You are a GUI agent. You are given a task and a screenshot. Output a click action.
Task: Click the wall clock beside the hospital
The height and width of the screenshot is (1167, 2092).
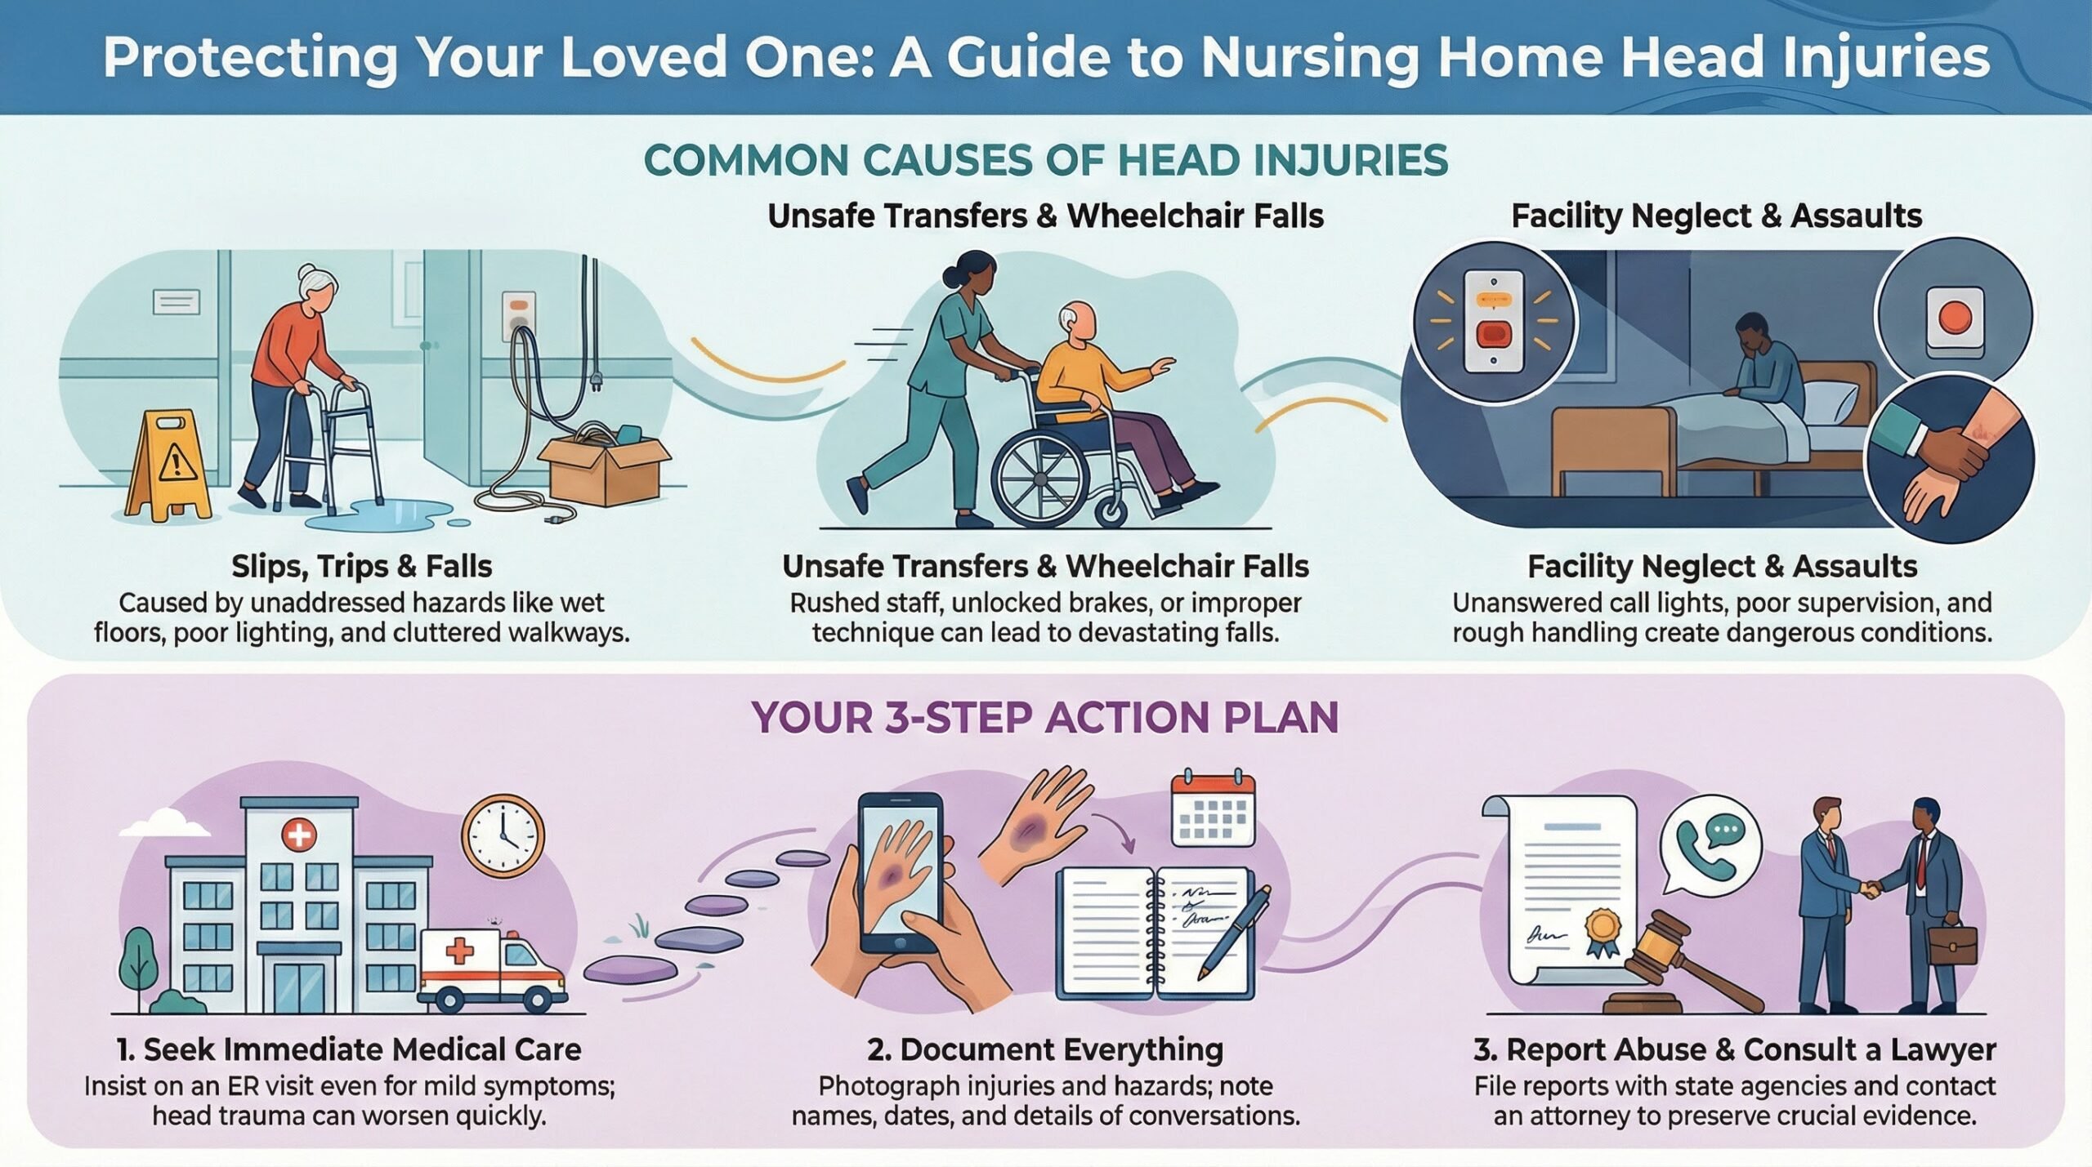(503, 836)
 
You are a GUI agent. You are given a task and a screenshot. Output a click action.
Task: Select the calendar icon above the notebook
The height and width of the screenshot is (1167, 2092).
(1213, 808)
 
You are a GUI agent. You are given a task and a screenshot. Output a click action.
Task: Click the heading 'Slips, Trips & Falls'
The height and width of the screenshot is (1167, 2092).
(361, 566)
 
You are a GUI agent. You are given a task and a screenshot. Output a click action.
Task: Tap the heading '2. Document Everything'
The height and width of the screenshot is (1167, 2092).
(1045, 1049)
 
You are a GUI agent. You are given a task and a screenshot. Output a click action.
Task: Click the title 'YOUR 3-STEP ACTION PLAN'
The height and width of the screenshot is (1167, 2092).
(1045, 718)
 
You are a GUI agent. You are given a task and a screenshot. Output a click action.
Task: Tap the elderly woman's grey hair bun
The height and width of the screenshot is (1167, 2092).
(306, 273)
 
